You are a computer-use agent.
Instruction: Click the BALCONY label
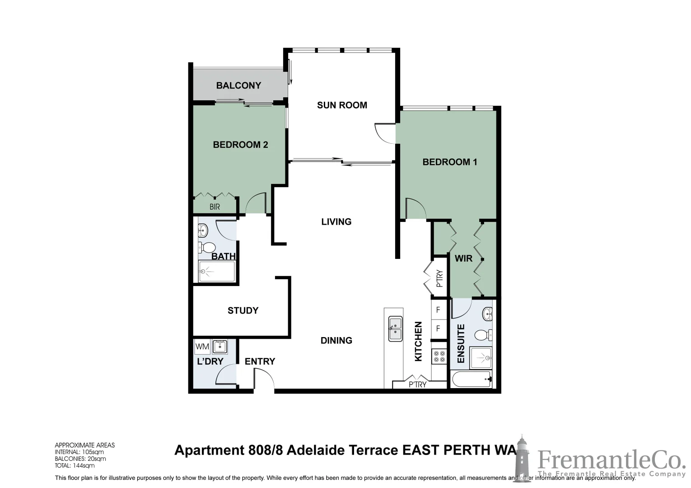[238, 85]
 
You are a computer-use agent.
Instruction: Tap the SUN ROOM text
[342, 105]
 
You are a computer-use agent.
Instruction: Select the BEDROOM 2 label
[240, 145]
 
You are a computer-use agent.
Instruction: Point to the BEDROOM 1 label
[449, 162]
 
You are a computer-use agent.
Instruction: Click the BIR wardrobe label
[215, 207]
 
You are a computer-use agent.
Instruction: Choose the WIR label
[463, 258]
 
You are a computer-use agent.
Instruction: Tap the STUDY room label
[243, 310]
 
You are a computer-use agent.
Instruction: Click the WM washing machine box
[202, 347]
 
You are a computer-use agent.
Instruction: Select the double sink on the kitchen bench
[396, 328]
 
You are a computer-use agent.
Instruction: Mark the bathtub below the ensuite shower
[472, 379]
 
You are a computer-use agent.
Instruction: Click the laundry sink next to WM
[220, 347]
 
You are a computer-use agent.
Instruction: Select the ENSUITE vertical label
[461, 343]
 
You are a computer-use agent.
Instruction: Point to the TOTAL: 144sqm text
[75, 465]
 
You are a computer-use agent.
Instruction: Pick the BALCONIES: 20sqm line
[80, 459]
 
